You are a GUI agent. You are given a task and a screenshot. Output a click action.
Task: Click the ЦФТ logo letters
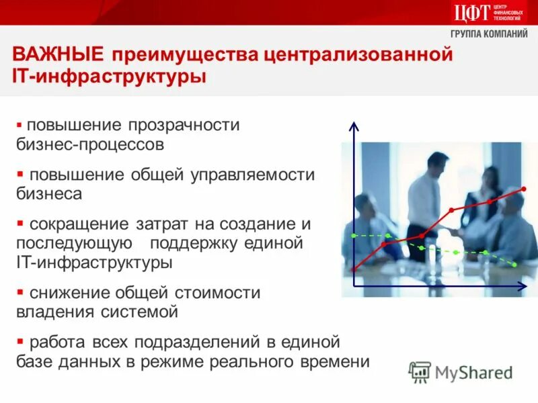(x=471, y=12)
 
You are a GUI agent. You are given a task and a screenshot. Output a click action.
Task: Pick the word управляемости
(x=252, y=175)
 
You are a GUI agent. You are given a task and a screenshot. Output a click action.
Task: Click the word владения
(x=51, y=312)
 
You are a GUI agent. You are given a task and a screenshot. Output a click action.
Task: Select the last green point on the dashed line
(x=514, y=266)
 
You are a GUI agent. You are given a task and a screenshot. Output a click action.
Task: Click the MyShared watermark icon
(x=420, y=371)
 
